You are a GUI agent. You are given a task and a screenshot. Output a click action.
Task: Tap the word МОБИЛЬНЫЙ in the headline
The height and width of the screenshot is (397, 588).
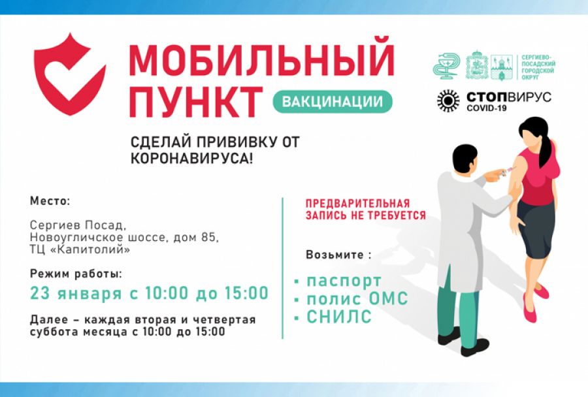[261, 60]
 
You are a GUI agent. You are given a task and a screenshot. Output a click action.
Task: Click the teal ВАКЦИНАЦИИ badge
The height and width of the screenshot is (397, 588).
[332, 101]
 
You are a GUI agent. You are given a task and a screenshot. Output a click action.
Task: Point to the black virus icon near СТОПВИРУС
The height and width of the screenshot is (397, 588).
[448, 101]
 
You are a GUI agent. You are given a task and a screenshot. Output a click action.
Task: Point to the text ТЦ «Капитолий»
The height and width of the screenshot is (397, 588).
[80, 249]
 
